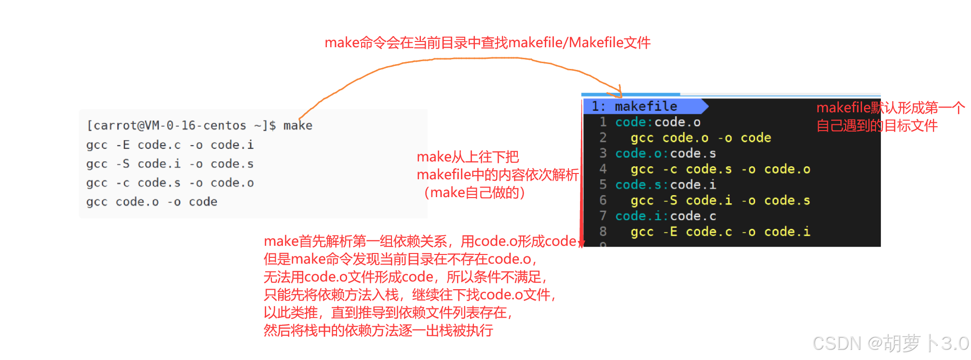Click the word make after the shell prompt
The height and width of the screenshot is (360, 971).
click(x=297, y=126)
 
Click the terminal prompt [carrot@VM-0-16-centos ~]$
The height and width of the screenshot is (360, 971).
click(x=181, y=126)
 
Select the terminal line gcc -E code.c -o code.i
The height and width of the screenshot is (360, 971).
click(x=170, y=145)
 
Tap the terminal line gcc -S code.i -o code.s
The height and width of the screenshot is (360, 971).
click(x=170, y=164)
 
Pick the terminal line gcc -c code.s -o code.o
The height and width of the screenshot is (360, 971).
click(x=170, y=183)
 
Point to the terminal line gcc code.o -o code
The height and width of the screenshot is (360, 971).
click(x=151, y=202)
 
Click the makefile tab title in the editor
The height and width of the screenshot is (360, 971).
click(x=646, y=107)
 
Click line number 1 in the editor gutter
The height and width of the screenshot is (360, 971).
click(x=603, y=122)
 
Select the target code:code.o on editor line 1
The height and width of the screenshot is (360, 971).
click(x=658, y=122)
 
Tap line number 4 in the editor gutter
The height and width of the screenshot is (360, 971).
click(x=603, y=169)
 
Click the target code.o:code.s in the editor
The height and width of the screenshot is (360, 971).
click(x=665, y=153)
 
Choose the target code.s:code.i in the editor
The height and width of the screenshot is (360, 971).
click(x=665, y=185)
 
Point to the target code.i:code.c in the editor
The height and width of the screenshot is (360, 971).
click(x=665, y=216)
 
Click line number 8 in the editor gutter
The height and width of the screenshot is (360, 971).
click(x=603, y=232)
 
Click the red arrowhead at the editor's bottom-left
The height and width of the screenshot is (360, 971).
click(x=581, y=243)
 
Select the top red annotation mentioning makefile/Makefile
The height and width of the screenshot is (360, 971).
click(x=487, y=43)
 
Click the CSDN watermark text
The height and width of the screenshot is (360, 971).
click(x=890, y=344)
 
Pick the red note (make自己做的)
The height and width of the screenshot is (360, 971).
click(x=473, y=193)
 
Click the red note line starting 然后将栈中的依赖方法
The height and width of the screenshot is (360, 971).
click(x=378, y=331)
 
